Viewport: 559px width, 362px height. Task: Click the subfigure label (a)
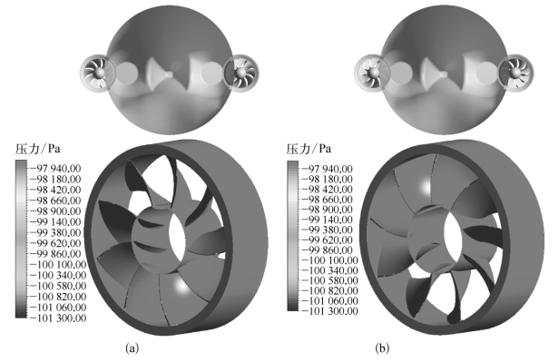click(132, 347)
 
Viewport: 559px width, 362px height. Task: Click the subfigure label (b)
click(382, 347)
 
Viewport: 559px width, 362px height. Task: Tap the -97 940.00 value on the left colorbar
click(57, 168)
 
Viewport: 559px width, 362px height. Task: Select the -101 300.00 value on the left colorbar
click(57, 318)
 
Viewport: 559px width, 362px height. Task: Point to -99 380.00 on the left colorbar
click(57, 232)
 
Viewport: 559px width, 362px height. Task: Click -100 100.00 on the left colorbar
click(57, 264)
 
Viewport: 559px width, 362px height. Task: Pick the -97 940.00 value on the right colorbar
click(329, 169)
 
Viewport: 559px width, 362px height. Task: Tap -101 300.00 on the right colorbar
click(329, 311)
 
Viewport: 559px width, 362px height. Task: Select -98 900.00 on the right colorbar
click(329, 210)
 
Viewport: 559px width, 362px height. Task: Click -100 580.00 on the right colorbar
click(329, 280)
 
